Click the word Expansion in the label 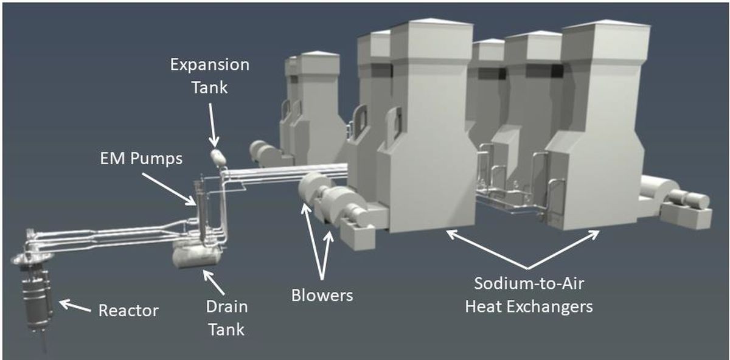coord(209,65)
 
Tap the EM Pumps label coord(141,159)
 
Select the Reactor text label coord(128,311)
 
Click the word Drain coord(227,307)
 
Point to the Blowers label coord(322,296)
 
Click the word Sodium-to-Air coord(529,283)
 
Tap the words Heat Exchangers coord(529,307)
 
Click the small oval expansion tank coord(218,157)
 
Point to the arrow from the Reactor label coord(75,306)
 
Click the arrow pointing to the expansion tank coord(212,125)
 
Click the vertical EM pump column coord(200,212)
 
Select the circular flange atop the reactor coord(31,259)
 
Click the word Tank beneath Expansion coord(209,88)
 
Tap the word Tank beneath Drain coord(226,330)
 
